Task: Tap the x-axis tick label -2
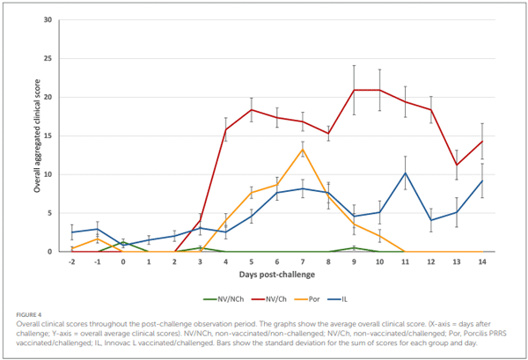(72, 261)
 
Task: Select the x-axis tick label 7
(302, 261)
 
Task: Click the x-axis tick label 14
(480, 261)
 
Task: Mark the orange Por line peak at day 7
(302, 150)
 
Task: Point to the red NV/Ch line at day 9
(353, 90)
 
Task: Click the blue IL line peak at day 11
(404, 173)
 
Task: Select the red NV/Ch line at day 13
(455, 165)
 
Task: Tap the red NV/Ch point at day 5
(251, 110)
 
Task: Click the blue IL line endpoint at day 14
(480, 180)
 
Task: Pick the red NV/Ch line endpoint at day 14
(480, 141)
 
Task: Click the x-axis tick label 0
(123, 261)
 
